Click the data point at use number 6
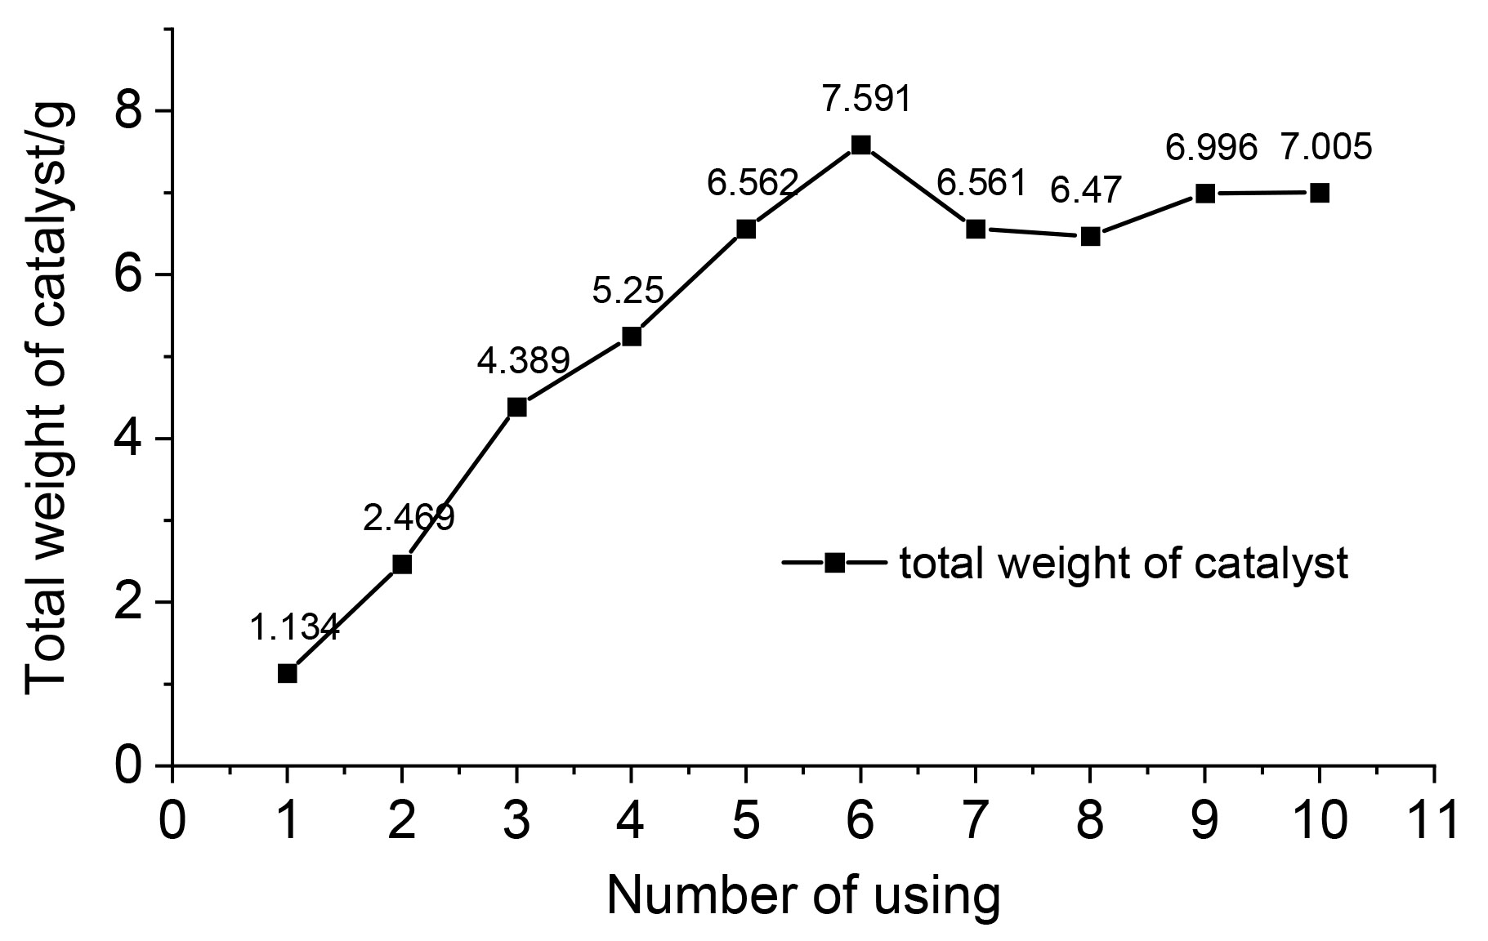click(x=860, y=145)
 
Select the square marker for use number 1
click(x=287, y=673)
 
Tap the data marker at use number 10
click(x=1319, y=193)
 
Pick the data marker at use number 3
click(x=516, y=407)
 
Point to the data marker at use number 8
click(x=1090, y=237)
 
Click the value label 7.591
click(x=865, y=99)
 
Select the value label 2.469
click(x=408, y=518)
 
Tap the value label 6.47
click(x=1086, y=191)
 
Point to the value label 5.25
click(x=628, y=290)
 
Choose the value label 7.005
click(x=1325, y=148)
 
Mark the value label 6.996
click(x=1210, y=148)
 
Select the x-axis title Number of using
click(x=803, y=897)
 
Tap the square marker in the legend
click(x=834, y=563)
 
